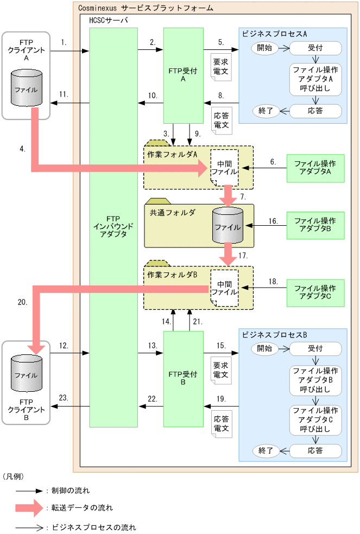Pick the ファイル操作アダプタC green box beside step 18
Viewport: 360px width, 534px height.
pyautogui.click(x=315, y=294)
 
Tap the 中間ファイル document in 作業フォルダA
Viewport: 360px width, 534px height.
pyautogui.click(x=225, y=168)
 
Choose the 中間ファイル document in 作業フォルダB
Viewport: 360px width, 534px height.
pyautogui.click(x=225, y=288)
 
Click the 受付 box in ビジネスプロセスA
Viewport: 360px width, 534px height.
pyautogui.click(x=315, y=48)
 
